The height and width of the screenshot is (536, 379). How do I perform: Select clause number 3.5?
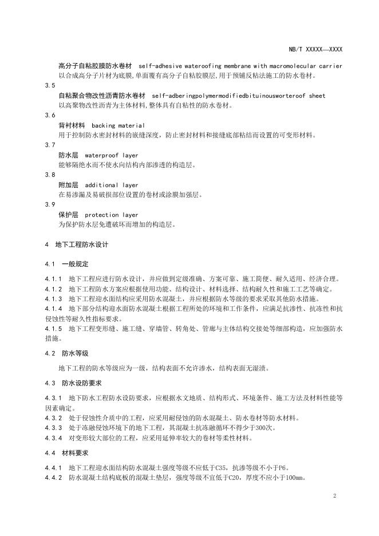50,85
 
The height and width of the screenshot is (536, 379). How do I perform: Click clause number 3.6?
50,115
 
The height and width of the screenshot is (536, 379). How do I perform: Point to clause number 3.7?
50,145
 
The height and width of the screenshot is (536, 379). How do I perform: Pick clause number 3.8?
50,175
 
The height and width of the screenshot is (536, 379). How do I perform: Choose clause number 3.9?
50,205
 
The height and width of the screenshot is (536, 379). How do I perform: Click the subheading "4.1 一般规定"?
68,265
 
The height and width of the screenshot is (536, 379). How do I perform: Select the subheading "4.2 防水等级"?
68,354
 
